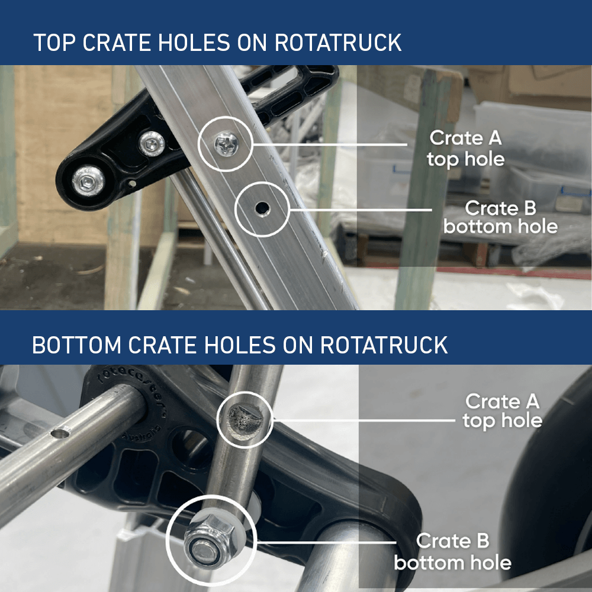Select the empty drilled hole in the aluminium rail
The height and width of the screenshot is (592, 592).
(x=260, y=208)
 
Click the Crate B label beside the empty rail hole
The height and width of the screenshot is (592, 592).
(x=500, y=217)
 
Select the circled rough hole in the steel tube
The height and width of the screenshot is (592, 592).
(x=244, y=417)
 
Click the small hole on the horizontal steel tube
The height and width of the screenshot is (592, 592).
(x=59, y=434)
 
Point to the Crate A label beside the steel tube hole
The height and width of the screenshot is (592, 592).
(x=502, y=411)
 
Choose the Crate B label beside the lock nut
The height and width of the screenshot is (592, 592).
(x=453, y=551)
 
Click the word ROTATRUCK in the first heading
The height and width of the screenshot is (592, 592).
(x=338, y=43)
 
